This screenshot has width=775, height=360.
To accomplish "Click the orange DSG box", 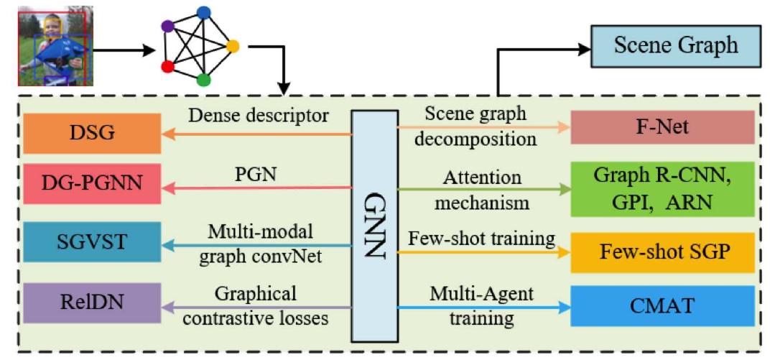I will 91,134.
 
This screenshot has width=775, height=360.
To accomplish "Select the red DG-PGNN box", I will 91,185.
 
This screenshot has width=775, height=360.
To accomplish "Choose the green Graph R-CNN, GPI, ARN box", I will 662,188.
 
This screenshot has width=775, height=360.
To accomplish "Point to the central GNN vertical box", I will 373,225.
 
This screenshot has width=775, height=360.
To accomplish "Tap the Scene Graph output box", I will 675,46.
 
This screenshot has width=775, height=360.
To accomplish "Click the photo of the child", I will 54,45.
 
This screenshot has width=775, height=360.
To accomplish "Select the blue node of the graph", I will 203,11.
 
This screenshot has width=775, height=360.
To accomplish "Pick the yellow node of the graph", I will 233,46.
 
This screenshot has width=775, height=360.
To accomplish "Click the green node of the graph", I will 203,79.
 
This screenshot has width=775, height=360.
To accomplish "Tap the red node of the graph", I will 167,67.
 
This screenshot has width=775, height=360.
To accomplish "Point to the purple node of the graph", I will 167,27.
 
